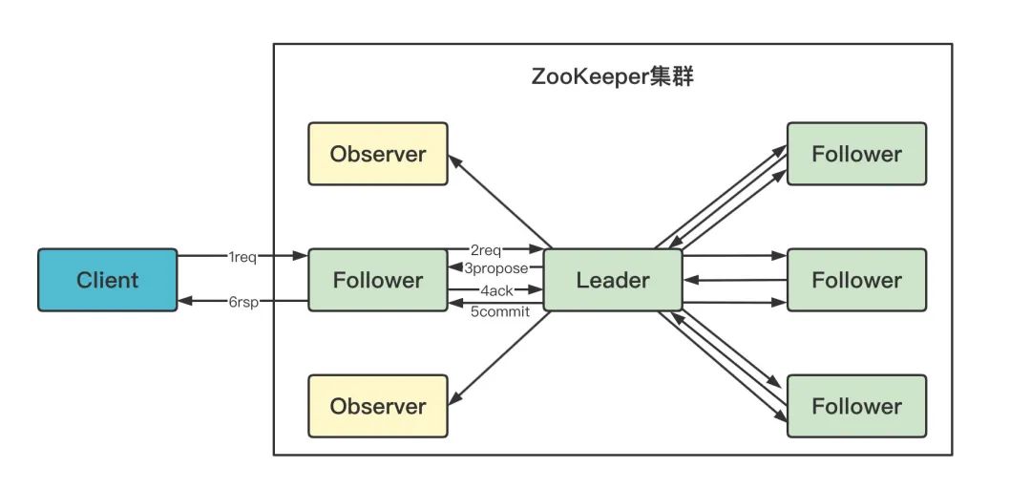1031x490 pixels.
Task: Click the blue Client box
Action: point(107,280)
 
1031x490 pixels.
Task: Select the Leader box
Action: point(613,280)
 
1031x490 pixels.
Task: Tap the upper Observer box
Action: point(377,154)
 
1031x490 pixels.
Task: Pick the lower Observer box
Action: point(377,406)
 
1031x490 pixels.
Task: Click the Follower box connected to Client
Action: point(377,280)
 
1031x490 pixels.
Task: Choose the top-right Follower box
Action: point(856,154)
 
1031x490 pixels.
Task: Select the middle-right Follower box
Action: point(856,280)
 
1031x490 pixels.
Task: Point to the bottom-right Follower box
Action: point(856,406)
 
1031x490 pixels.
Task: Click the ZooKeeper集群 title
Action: point(612,77)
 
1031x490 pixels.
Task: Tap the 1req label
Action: point(242,257)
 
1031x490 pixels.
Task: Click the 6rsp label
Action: point(242,302)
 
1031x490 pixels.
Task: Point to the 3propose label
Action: point(496,268)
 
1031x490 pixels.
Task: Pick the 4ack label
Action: point(496,289)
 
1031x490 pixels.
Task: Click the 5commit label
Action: point(499,310)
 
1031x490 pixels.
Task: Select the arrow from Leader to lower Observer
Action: point(501,359)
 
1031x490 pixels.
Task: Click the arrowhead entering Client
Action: point(185,302)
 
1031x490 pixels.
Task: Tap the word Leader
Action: point(613,280)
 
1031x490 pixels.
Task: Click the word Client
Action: point(107,280)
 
